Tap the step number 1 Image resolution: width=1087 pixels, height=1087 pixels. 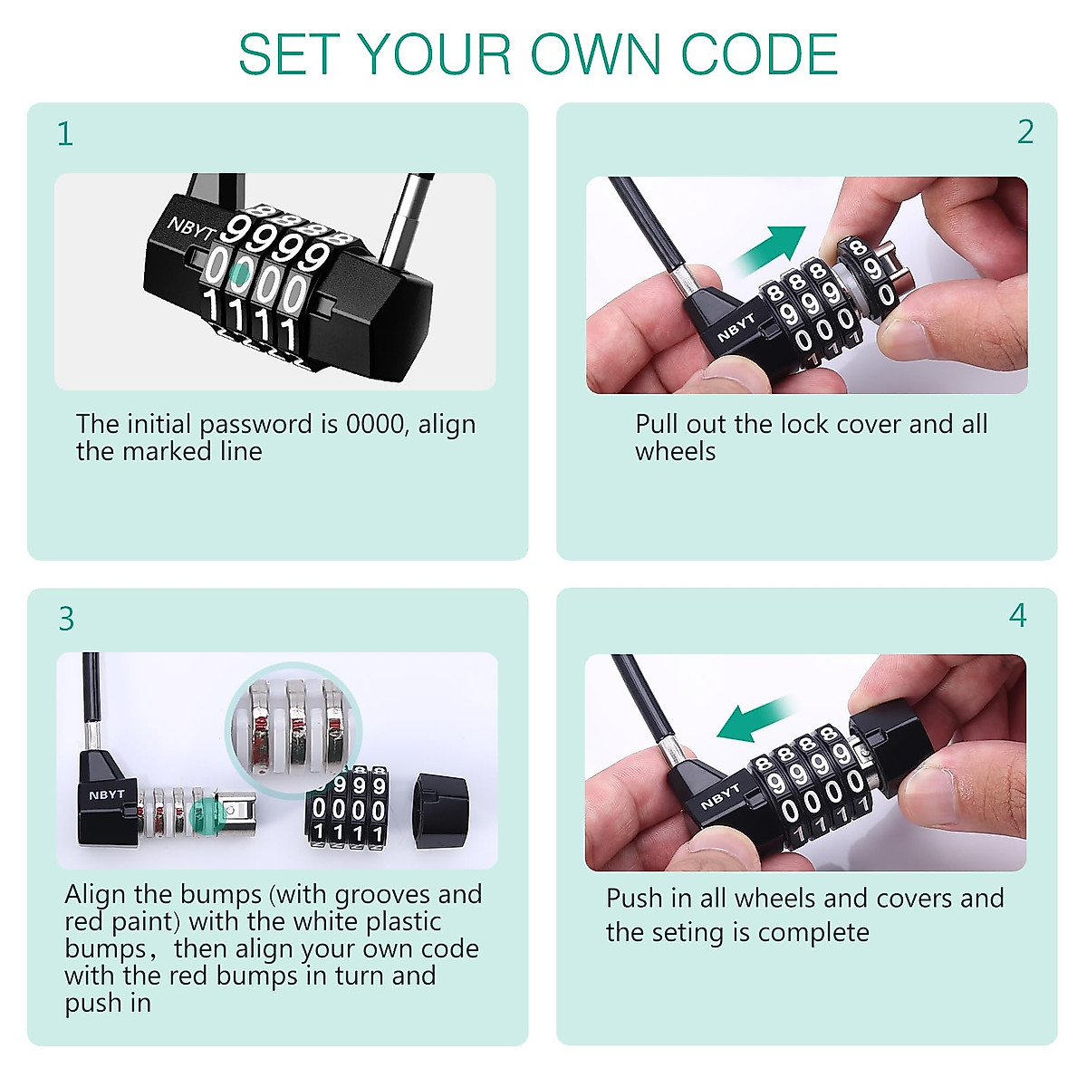tap(64, 134)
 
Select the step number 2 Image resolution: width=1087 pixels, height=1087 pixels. tap(1024, 132)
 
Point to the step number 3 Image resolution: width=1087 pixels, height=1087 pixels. tap(65, 620)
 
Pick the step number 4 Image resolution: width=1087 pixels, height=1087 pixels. tap(1017, 616)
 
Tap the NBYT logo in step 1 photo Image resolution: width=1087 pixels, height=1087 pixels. tap(191, 227)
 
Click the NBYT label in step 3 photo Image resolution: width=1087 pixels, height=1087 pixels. tap(106, 794)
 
